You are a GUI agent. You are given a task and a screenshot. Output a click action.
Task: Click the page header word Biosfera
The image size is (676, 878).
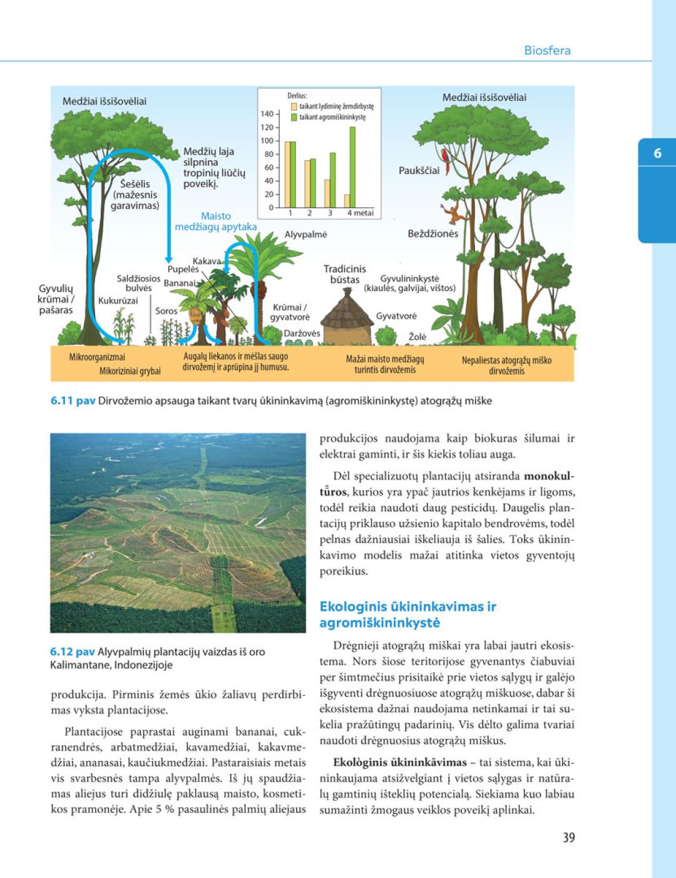click(547, 51)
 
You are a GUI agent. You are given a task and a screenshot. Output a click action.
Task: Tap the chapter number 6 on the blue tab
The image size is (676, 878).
click(657, 153)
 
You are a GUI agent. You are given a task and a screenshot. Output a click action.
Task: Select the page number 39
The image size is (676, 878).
click(568, 837)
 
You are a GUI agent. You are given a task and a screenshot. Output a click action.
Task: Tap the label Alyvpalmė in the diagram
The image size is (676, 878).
click(305, 235)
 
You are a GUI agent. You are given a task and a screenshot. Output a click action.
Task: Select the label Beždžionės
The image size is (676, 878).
click(433, 234)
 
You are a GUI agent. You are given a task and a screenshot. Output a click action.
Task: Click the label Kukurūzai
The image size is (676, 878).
click(118, 301)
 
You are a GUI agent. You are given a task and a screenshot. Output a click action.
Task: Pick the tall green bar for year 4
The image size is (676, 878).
click(352, 167)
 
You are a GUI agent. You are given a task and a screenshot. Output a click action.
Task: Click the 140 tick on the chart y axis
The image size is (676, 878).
click(267, 114)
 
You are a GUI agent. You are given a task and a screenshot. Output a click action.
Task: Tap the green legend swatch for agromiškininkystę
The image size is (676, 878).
click(294, 117)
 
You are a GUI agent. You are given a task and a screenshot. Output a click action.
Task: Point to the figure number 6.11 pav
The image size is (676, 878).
click(73, 401)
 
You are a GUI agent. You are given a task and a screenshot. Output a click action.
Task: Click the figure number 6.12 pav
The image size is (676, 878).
click(72, 651)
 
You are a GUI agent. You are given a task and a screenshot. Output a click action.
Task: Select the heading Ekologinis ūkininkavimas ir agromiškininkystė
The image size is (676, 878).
click(407, 615)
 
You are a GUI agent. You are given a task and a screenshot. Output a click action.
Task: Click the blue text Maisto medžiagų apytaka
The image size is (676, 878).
click(215, 222)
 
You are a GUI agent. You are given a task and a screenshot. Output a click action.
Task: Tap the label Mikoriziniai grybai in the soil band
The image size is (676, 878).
click(130, 371)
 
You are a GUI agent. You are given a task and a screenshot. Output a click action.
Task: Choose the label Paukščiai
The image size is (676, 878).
click(419, 170)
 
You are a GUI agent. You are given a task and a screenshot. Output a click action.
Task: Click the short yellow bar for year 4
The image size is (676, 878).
click(347, 201)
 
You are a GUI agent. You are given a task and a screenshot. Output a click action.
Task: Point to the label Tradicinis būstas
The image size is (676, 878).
click(344, 274)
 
